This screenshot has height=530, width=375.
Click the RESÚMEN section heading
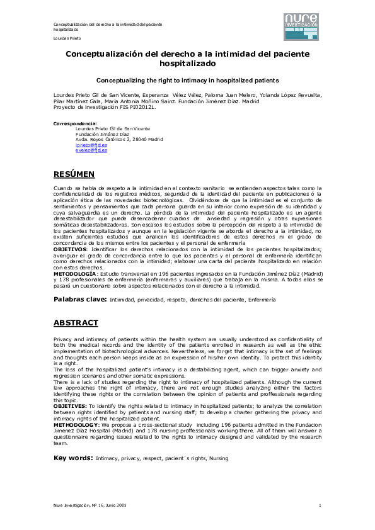point(74,174)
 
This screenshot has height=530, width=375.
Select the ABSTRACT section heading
point(76,323)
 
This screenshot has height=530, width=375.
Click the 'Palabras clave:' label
point(80,299)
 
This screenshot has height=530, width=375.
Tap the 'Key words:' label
point(74,458)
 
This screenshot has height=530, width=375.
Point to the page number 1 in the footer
point(320,505)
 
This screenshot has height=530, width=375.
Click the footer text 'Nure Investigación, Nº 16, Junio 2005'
point(90,505)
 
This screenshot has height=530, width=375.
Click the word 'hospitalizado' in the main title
point(187,64)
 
